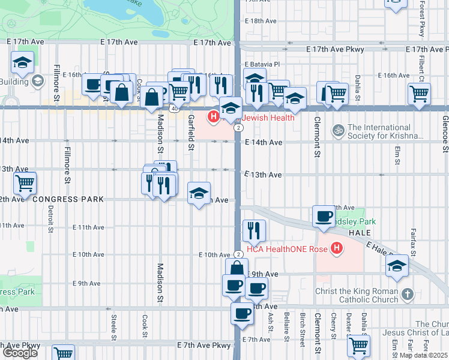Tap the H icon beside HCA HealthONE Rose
pyautogui.click(x=337, y=247)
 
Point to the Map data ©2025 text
pyautogui.click(x=424, y=355)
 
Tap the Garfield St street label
pyautogui.click(x=191, y=131)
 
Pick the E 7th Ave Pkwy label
pyautogui.click(x=204, y=345)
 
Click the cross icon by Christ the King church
pyautogui.click(x=408, y=294)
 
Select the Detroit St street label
pyautogui.click(x=51, y=218)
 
